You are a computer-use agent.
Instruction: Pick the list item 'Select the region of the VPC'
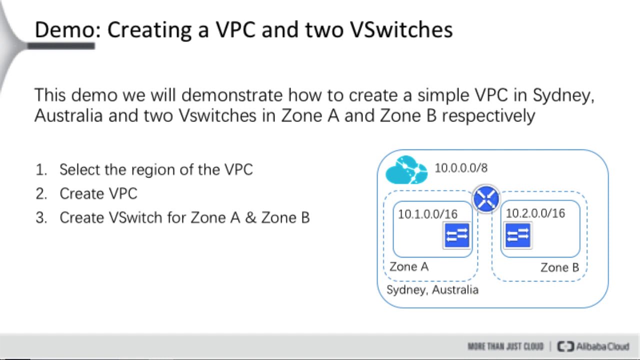click(x=156, y=169)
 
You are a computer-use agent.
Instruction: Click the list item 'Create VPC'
click(x=98, y=193)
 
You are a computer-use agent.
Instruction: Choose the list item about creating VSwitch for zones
click(x=184, y=217)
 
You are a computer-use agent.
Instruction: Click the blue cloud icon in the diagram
click(x=406, y=170)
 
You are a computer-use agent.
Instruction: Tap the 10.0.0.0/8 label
click(x=460, y=168)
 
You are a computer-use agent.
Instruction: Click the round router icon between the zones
click(x=486, y=199)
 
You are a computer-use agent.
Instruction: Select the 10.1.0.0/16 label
click(x=427, y=214)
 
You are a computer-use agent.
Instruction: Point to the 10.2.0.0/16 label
click(x=535, y=213)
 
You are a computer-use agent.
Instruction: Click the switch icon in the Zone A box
click(x=456, y=234)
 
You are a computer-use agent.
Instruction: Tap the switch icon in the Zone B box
click(x=517, y=234)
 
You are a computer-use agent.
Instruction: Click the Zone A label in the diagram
click(x=409, y=266)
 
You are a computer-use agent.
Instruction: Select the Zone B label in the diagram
click(x=559, y=267)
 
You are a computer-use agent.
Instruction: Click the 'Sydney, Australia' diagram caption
click(x=432, y=290)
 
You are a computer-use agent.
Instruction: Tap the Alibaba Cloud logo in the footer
click(x=593, y=346)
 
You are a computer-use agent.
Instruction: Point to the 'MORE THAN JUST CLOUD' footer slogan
click(x=505, y=346)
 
